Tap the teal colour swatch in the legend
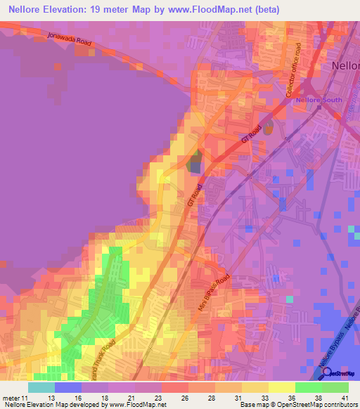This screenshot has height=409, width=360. (41, 387)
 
